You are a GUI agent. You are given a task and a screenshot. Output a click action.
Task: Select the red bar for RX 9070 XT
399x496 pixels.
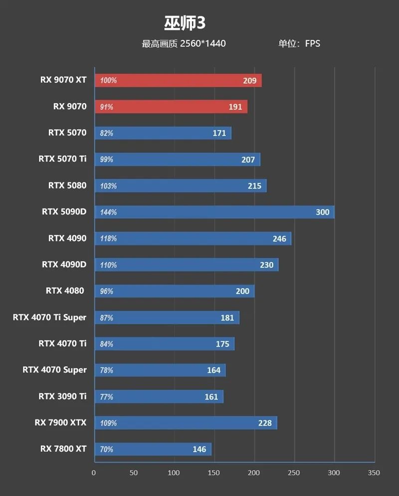178,80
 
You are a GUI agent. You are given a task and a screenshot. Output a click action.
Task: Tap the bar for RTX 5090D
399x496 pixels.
214,212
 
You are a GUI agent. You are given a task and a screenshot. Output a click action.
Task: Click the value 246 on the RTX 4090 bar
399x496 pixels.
279,239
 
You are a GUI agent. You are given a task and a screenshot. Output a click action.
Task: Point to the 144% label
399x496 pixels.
108,212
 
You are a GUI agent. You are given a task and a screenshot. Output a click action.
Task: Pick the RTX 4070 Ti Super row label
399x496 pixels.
49,317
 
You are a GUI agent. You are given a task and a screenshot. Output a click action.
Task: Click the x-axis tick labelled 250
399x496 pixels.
294,473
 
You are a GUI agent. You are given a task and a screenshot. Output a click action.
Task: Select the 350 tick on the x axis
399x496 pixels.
374,473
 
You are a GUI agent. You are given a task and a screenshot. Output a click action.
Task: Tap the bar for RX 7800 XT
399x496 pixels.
152,449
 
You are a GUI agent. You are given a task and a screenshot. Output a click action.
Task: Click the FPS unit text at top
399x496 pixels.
313,43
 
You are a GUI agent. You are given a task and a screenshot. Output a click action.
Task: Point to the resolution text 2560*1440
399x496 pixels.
203,43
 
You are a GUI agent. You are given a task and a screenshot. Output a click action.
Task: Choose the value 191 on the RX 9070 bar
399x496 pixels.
235,107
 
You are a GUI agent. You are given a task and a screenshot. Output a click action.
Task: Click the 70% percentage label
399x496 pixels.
107,450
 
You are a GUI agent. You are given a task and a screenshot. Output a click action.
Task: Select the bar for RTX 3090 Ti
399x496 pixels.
158,396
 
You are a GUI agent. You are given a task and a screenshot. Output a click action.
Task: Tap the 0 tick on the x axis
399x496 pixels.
94,473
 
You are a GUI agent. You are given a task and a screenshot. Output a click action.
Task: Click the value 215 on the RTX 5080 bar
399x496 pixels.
254,186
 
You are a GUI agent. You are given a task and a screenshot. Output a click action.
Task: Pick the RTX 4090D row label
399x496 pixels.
64,264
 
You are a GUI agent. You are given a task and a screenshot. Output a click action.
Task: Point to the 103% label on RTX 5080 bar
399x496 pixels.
108,186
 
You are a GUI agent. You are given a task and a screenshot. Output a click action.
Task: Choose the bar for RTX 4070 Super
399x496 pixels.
160,370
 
